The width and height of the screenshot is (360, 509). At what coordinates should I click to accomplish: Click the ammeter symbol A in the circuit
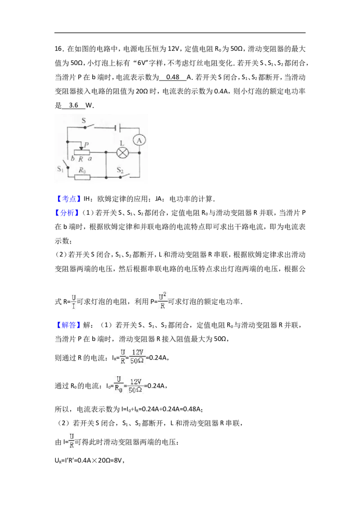click(x=139, y=140)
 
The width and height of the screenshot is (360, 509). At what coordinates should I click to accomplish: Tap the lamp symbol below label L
click(x=122, y=152)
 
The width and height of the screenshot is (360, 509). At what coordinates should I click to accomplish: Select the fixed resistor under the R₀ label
click(x=82, y=177)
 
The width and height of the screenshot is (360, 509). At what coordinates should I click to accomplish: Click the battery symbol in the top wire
click(x=117, y=128)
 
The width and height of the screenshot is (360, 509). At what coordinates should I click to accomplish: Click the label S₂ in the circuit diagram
click(x=120, y=170)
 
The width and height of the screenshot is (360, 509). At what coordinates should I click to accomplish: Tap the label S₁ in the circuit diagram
click(x=60, y=169)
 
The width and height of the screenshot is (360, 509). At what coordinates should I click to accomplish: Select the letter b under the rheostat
click(x=72, y=158)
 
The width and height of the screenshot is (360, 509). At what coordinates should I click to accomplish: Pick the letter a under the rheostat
click(x=90, y=158)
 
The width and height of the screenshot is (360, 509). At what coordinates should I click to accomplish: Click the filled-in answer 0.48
click(x=172, y=77)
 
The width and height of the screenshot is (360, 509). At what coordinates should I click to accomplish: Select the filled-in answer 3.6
click(x=73, y=105)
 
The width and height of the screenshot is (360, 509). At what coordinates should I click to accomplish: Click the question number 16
click(x=58, y=49)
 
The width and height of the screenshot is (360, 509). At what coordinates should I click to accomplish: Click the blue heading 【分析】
click(x=67, y=213)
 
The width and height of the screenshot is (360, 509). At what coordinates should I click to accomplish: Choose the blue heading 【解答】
click(x=67, y=325)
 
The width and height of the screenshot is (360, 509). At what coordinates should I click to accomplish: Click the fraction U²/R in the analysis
click(x=162, y=301)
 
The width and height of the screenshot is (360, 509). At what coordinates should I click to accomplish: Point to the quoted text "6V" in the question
click(x=142, y=63)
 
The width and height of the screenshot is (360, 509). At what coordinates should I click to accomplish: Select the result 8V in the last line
click(x=119, y=460)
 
